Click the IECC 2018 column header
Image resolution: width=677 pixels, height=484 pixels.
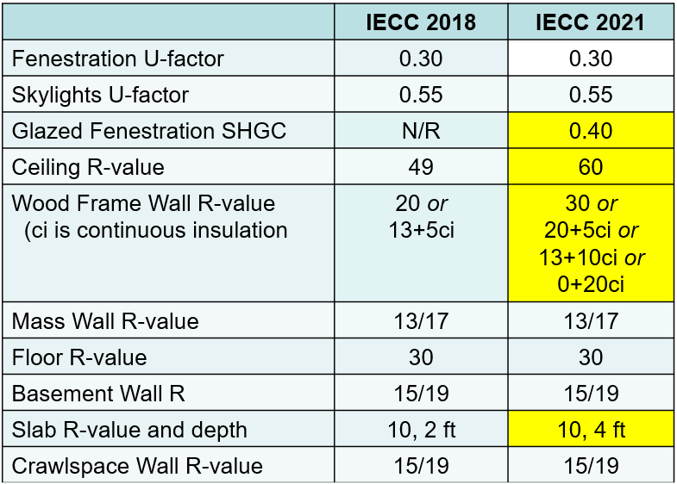420,22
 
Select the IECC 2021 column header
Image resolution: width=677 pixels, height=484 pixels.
590,22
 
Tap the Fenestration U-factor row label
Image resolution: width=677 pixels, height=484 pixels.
118,59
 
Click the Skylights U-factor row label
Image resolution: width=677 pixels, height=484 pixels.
100,95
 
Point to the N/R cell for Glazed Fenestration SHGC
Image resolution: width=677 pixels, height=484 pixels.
420,131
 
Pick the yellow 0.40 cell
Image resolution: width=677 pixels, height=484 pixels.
591,131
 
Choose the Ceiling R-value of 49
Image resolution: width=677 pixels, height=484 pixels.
420,167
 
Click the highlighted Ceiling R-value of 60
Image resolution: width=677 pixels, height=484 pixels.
591,167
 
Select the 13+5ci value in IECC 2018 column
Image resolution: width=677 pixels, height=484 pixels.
420,230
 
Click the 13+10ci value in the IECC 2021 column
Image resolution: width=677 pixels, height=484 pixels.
591,258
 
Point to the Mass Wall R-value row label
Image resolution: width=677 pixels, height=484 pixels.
105,321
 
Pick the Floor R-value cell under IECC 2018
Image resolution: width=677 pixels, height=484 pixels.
420,357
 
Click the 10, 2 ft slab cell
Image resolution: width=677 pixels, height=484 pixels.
420,430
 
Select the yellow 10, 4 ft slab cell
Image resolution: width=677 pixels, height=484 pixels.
591,430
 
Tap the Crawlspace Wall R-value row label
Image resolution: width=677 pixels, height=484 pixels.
137,466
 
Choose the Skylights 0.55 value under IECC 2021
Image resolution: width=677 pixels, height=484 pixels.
591,95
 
